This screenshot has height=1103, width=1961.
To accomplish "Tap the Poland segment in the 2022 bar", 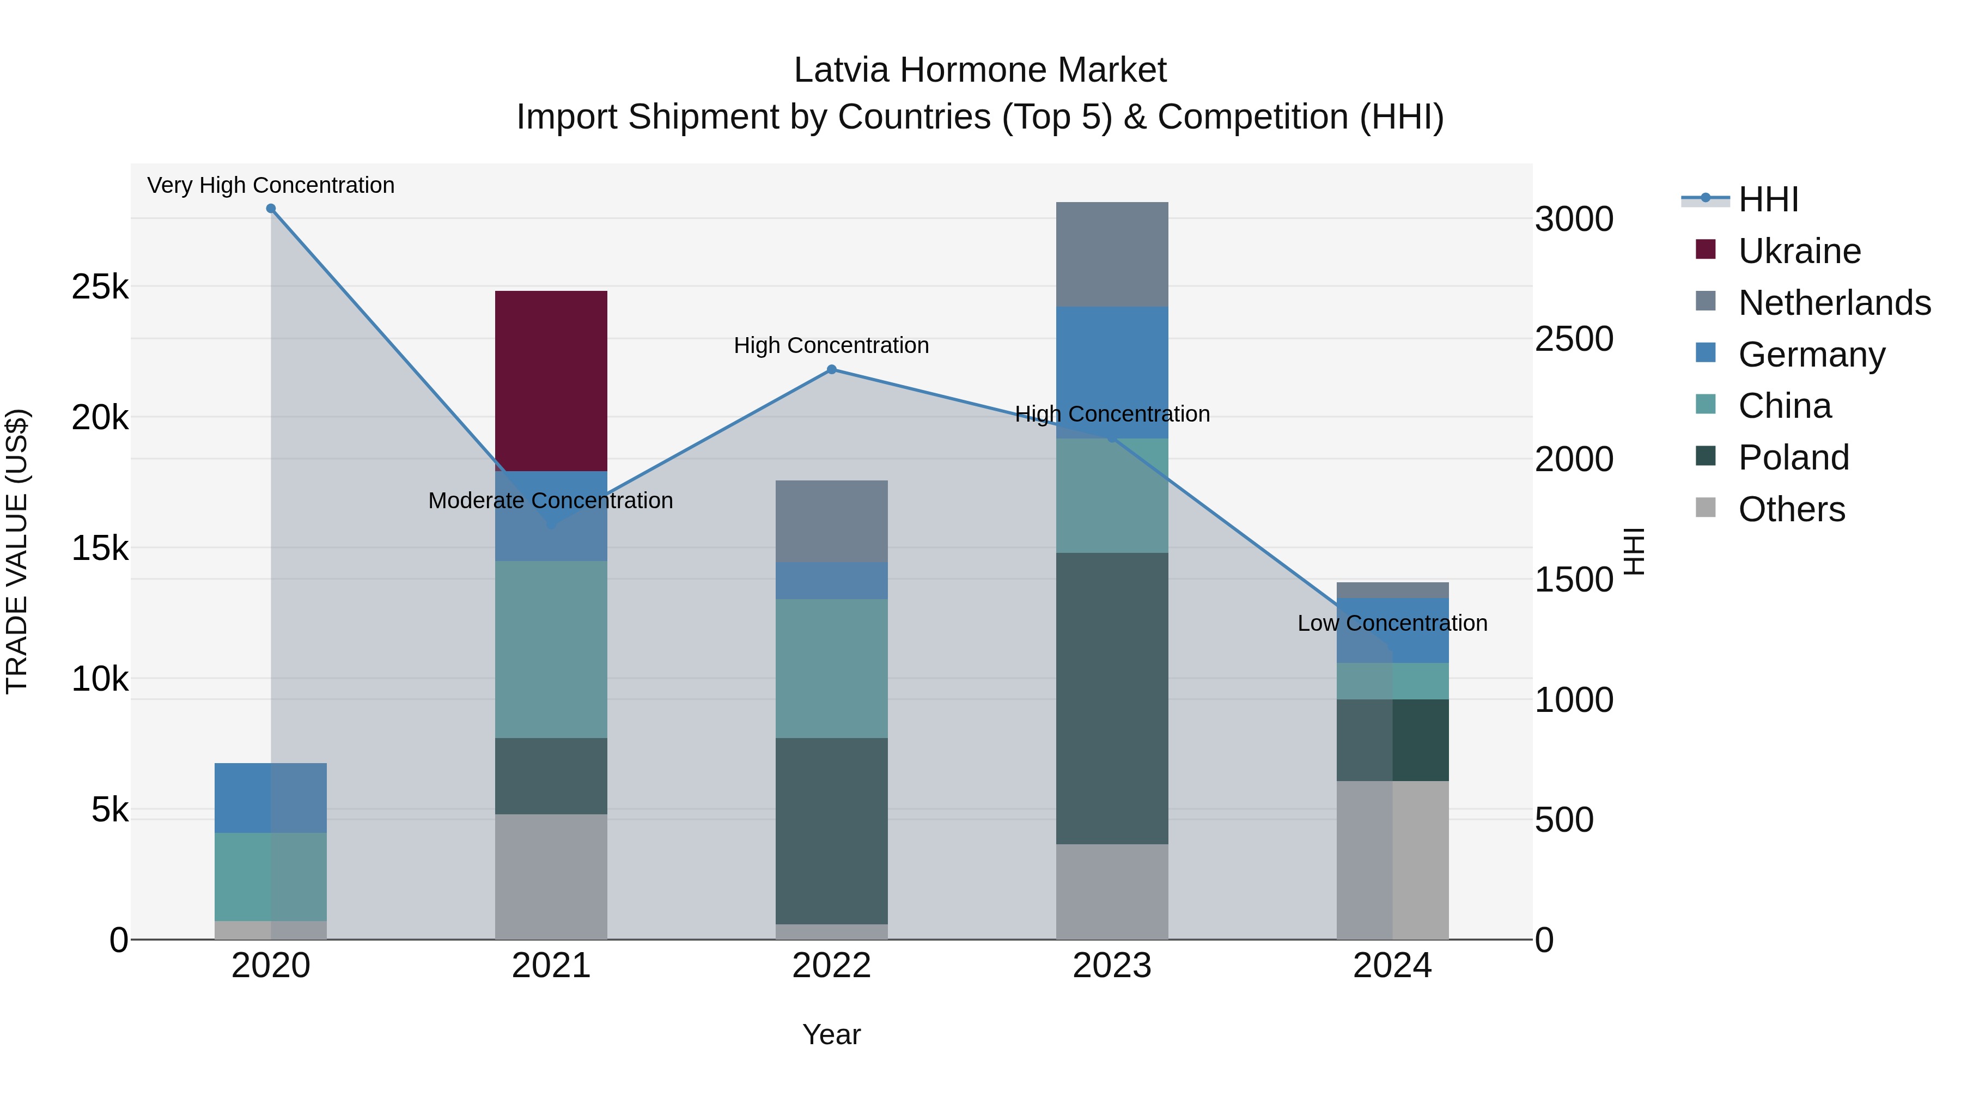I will coord(831,831).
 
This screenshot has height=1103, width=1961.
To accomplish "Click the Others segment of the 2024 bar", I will coord(1392,860).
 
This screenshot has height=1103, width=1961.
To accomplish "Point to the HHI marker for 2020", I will coord(271,209).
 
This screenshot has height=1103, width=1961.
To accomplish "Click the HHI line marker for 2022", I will coord(831,370).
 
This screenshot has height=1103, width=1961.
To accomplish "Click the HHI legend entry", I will coord(1768,199).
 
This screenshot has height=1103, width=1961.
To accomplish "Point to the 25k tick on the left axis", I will coord(100,287).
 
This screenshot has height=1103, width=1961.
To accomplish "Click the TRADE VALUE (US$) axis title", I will coord(17,551).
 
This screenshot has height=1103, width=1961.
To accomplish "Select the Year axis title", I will coord(831,1034).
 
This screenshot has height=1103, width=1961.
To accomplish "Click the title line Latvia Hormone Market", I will coord(980,70).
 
